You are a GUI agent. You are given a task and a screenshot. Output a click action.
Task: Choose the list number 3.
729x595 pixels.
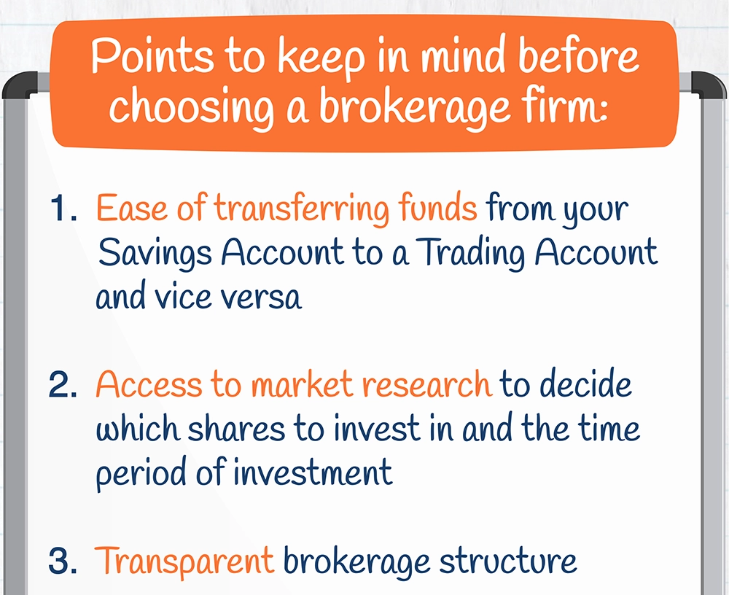pos(62,561)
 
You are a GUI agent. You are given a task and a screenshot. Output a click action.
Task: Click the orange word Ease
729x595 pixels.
pos(131,208)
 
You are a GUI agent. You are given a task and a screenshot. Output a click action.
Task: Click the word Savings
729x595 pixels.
pos(155,254)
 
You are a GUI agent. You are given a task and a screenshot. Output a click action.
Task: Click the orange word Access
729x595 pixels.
pos(149,384)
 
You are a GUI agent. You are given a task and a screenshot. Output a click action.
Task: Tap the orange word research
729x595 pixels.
pos(426,385)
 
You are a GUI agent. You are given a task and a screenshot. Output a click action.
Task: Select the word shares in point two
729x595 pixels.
pos(236,429)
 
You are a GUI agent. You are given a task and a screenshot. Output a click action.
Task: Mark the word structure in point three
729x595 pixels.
pos(507,561)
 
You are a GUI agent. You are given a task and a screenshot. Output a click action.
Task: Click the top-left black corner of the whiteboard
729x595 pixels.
pos(20,84)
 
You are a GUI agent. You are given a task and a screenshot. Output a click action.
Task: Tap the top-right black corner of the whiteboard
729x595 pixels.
pos(709,84)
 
